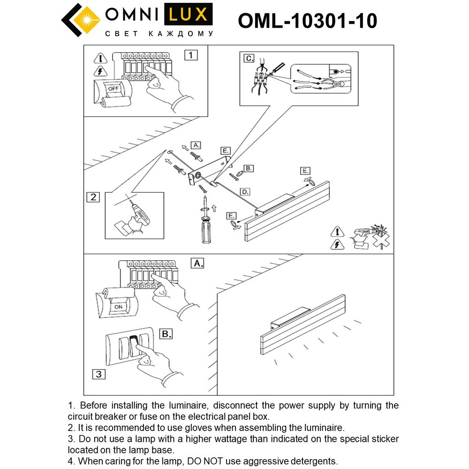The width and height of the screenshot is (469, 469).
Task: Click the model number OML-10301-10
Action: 307,21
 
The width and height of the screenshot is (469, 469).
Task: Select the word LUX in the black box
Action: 188,15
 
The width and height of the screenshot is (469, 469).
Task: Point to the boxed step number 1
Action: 190,55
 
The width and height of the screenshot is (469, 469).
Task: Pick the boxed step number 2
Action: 93,197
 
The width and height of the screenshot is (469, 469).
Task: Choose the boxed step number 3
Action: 98,374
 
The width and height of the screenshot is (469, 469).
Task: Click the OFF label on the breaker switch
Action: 113,88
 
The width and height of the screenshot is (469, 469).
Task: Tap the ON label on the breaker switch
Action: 118,307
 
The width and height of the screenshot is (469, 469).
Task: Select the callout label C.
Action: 249,59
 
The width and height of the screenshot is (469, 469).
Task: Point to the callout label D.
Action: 245,191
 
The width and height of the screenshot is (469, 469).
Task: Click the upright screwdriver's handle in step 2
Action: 205,229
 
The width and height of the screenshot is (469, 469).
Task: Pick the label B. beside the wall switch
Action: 166,334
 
